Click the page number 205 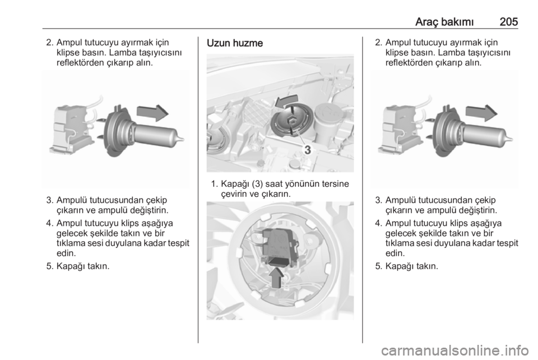point(508,22)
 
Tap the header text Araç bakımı point(444,22)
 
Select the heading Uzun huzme point(235,43)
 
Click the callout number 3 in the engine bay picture point(308,150)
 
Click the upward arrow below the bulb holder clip point(276,277)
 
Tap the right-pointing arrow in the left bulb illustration point(152,113)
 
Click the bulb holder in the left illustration point(71,129)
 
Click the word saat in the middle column point(273,184)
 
